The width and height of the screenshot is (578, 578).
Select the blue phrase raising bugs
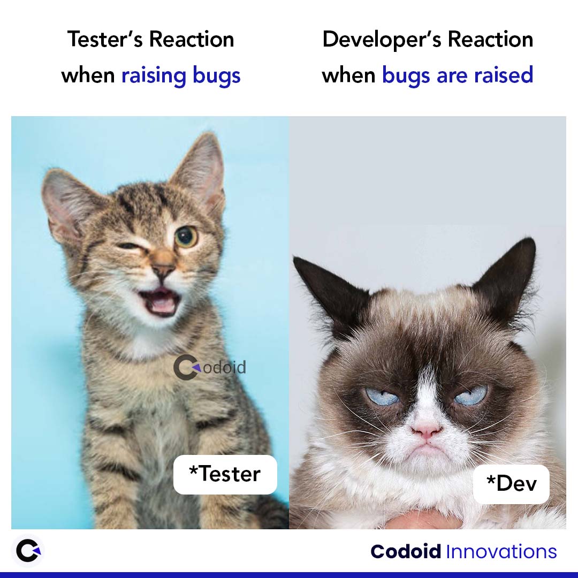point(181,75)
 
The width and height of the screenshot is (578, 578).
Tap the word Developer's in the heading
point(382,40)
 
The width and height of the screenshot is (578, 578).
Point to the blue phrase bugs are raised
point(458,75)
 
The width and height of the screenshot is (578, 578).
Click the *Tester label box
point(225,474)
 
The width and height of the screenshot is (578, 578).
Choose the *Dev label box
point(511,484)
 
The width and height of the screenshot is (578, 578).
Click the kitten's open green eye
point(186,237)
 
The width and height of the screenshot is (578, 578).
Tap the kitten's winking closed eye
point(129,246)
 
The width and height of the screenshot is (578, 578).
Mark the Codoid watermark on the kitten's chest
point(210,368)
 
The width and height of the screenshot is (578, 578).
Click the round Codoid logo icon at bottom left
point(27,551)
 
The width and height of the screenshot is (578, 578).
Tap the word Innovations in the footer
point(501,552)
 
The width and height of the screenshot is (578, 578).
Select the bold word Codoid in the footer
point(406,552)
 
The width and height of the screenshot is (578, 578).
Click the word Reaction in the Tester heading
point(191,40)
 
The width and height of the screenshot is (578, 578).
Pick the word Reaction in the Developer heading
point(490,40)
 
